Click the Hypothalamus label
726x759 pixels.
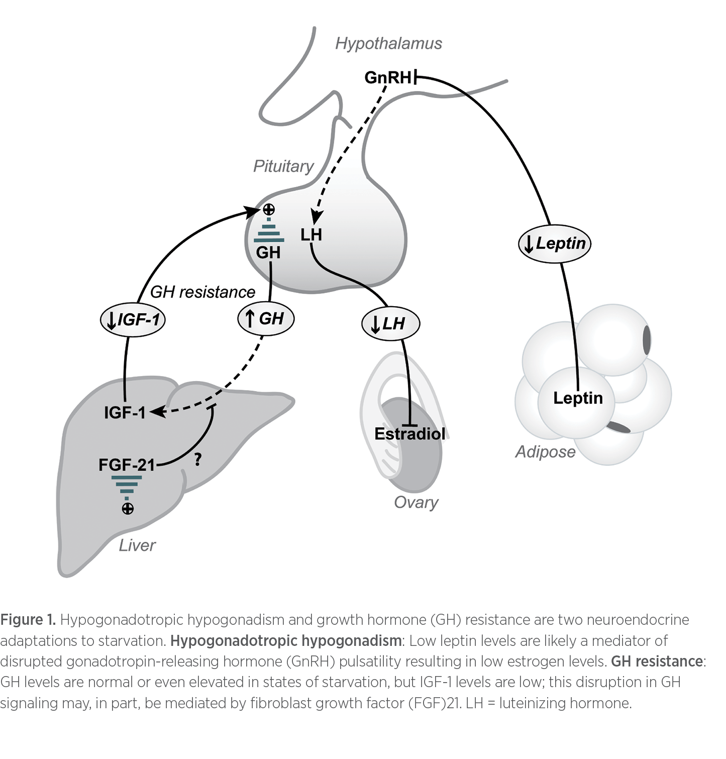pyautogui.click(x=388, y=44)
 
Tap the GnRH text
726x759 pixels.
pyautogui.click(x=387, y=78)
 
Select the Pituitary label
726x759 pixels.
pyautogui.click(x=283, y=166)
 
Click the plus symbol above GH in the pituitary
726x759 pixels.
pyautogui.click(x=269, y=209)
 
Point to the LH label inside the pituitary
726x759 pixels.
pyautogui.click(x=311, y=235)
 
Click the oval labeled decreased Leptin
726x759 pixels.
pyautogui.click(x=555, y=244)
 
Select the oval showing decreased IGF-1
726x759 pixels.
pyautogui.click(x=133, y=320)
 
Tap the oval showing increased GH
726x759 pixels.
pyautogui.click(x=265, y=319)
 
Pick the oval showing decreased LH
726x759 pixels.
pyautogui.click(x=390, y=324)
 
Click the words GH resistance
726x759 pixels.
pyautogui.click(x=202, y=292)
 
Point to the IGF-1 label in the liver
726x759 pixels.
pyautogui.click(x=125, y=413)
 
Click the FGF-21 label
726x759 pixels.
pyautogui.click(x=127, y=465)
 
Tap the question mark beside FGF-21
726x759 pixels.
pyautogui.click(x=197, y=459)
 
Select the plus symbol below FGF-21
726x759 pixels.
pyautogui.click(x=128, y=509)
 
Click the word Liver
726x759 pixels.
pyautogui.click(x=137, y=545)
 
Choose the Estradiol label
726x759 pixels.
pyautogui.click(x=410, y=434)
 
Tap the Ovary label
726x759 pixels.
pyautogui.click(x=416, y=502)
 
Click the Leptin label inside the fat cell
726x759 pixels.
pyautogui.click(x=578, y=398)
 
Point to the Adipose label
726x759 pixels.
pyautogui.click(x=545, y=452)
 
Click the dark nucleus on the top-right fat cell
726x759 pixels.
pyautogui.click(x=648, y=339)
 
